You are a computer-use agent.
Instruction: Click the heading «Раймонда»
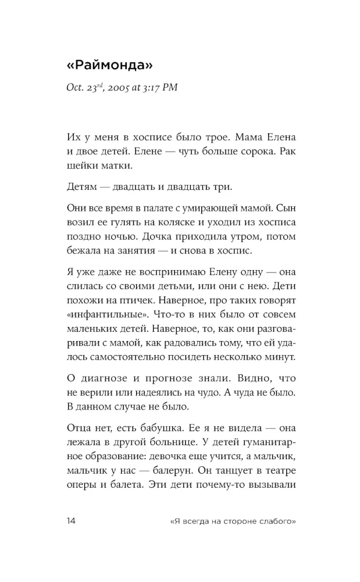click(111, 65)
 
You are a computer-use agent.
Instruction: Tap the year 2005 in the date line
click(117, 88)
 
